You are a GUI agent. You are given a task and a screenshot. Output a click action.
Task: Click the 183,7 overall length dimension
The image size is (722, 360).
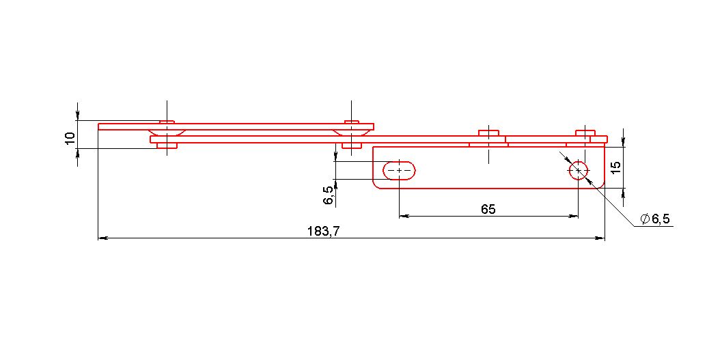click(x=324, y=231)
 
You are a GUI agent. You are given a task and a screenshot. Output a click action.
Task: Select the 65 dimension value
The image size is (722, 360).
click(x=488, y=210)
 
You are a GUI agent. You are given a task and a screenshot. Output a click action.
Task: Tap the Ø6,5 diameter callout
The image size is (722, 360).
click(x=655, y=219)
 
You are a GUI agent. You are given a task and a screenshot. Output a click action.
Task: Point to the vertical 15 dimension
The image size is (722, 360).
click(x=617, y=167)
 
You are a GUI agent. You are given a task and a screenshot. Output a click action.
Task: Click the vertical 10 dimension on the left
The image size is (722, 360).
click(x=70, y=138)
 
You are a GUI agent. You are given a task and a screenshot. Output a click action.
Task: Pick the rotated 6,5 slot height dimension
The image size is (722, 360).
click(x=329, y=195)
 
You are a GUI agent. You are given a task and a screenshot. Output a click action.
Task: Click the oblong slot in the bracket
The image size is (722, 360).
click(x=399, y=170)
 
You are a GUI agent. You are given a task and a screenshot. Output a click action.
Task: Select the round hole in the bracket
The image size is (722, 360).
click(x=579, y=170)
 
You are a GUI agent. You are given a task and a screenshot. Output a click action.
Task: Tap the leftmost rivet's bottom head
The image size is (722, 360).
click(x=167, y=146)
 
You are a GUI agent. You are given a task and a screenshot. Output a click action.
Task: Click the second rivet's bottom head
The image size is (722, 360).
click(x=351, y=146)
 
